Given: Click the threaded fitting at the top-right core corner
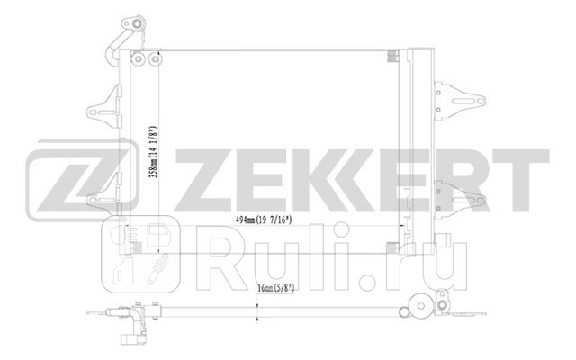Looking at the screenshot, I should [x=392, y=58].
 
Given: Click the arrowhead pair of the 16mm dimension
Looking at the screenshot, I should [x=258, y=310].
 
